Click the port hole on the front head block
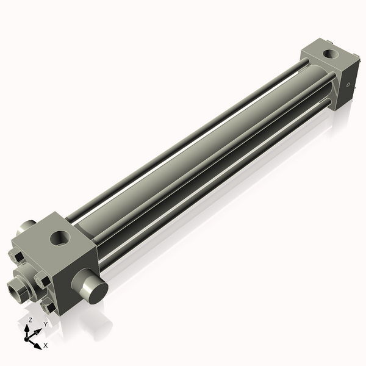tap(61, 235)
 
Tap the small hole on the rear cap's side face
tap(348, 86)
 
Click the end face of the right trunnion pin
tap(96, 292)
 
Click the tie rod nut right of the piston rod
tap(43, 281)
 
